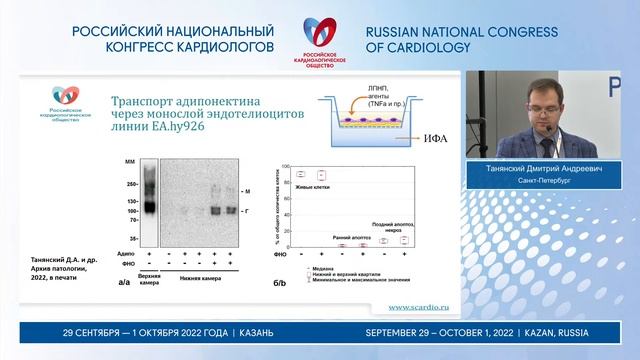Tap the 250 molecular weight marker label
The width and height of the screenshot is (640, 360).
click(x=131, y=184)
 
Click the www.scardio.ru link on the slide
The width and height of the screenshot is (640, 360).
click(x=418, y=307)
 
